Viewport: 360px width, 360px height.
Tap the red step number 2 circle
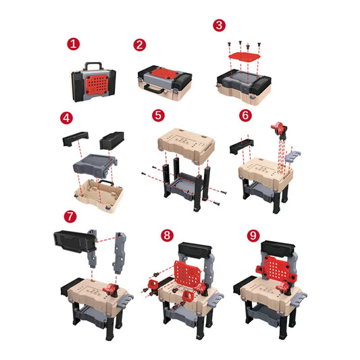click(x=140, y=45)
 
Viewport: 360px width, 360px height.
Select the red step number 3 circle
click(x=219, y=25)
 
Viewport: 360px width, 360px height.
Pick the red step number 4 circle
click(x=66, y=118)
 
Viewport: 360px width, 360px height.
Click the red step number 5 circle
click(x=158, y=115)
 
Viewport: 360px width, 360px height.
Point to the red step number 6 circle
click(x=246, y=115)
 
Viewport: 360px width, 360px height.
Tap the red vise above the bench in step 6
click(x=278, y=128)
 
